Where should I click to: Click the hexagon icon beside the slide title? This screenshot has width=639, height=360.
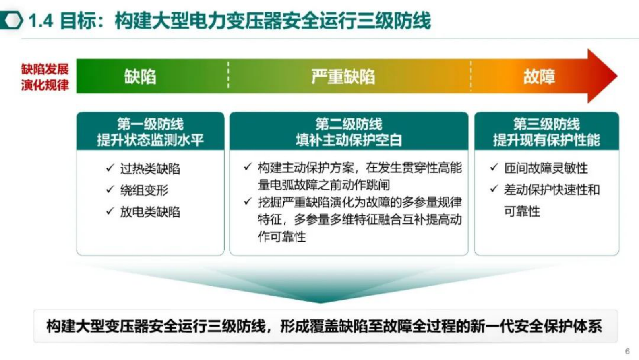[x=12, y=20]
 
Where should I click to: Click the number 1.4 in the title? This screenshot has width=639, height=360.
[x=41, y=21]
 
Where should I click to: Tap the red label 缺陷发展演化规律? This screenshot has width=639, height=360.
[x=45, y=77]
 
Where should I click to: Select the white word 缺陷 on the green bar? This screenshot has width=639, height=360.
[x=140, y=77]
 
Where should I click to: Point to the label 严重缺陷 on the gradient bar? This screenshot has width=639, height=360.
[x=343, y=77]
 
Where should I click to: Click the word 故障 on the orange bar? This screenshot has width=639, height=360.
[x=539, y=77]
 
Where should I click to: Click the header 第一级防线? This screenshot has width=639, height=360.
[x=150, y=124]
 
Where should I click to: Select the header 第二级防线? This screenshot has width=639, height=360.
[x=348, y=124]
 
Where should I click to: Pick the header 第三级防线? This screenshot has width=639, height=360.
[x=546, y=124]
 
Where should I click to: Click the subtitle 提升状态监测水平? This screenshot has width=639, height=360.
[x=150, y=140]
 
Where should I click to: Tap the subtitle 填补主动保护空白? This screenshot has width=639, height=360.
[x=348, y=140]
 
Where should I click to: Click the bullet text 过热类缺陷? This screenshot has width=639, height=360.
[x=150, y=169]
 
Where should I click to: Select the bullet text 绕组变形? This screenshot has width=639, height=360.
[x=144, y=190]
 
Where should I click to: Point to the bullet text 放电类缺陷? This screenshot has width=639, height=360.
[x=150, y=212]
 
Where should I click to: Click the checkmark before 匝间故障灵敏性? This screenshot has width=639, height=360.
[x=494, y=167]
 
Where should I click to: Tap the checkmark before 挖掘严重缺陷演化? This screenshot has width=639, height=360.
[x=248, y=201]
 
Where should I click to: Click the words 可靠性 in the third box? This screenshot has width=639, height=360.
[x=522, y=211]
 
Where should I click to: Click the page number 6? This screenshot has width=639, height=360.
[x=627, y=351]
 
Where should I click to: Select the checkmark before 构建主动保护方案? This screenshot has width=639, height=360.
[x=248, y=167]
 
